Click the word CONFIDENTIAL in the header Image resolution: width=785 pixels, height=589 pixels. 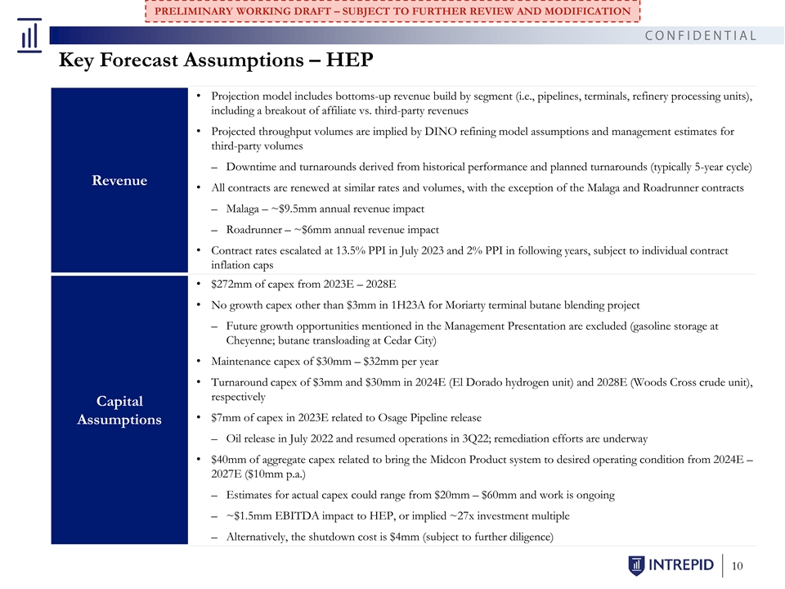pos(701,35)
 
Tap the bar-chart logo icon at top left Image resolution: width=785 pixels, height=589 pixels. pos(29,35)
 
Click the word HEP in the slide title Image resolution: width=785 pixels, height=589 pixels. pos(349,60)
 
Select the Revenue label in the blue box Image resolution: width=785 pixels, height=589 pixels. pos(119,180)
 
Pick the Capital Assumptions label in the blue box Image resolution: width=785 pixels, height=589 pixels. pos(119,410)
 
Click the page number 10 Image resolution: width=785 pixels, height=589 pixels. pos(737,566)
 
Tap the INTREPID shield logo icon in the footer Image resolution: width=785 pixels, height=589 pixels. pos(636,565)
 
